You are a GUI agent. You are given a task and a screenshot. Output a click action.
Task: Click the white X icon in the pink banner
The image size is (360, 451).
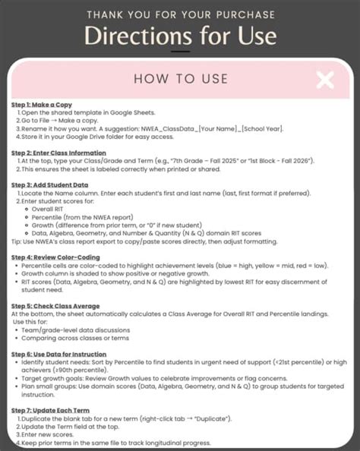coord(325,80)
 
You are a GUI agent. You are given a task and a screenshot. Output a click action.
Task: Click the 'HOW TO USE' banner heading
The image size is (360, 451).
coord(179,80)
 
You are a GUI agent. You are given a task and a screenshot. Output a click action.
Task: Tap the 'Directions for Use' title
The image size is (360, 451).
coord(180,36)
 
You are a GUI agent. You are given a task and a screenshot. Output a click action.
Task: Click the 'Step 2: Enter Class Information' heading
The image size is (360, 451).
coord(60,153)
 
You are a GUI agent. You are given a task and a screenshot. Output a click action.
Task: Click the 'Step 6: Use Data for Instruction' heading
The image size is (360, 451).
coord(60,353)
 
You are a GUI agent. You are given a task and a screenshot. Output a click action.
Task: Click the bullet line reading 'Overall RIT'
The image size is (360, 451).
coord(47,209)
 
